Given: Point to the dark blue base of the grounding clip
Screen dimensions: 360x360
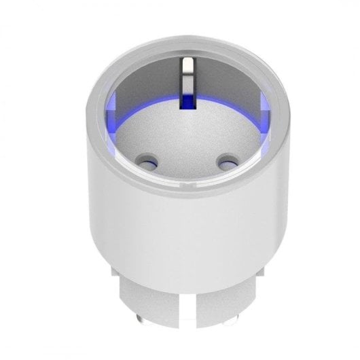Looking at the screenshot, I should (185, 102).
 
